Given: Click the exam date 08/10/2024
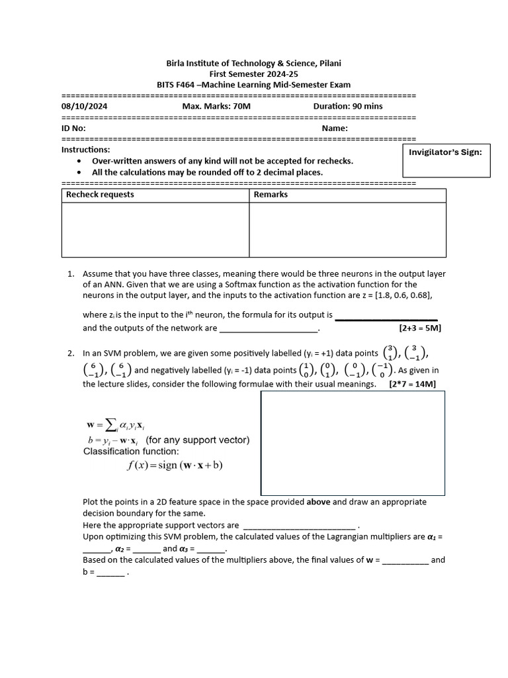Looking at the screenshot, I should [84, 106].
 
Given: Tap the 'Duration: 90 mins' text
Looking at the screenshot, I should [348, 106].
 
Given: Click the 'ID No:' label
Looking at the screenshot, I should [73, 128].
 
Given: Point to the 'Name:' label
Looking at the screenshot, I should [335, 128].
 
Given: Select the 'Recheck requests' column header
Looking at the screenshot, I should [100, 195].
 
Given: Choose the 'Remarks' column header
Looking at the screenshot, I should [271, 195].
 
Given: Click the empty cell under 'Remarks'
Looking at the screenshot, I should [347, 229].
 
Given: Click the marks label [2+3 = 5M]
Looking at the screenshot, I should [419, 328].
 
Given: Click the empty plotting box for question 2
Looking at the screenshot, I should [353, 443].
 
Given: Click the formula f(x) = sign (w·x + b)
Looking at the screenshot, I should [175, 465].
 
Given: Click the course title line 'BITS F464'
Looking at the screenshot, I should [253, 85].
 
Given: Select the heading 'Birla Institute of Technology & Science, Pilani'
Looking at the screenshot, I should [253, 64].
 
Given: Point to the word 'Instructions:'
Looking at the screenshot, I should [85, 150].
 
